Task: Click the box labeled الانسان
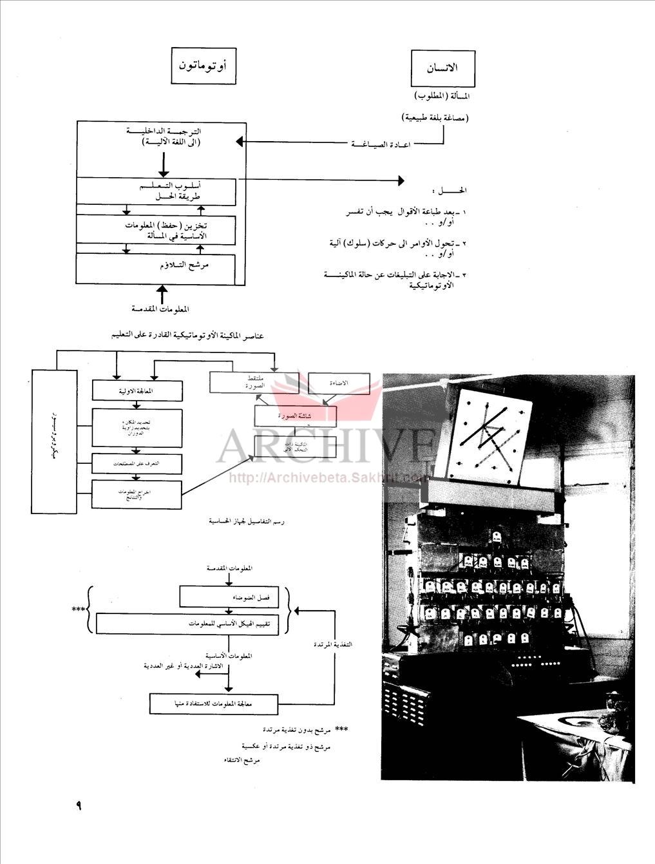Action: click(443, 68)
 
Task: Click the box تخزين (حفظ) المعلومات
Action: click(156, 229)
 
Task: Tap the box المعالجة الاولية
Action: click(137, 390)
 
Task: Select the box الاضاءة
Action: click(339, 383)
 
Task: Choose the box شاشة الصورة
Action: click(296, 416)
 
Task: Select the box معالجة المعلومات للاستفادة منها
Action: click(213, 704)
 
